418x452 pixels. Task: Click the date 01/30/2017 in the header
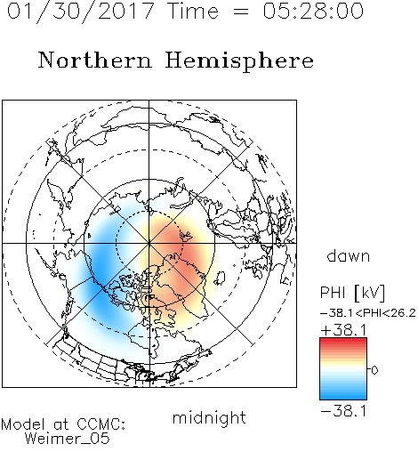pos(81,11)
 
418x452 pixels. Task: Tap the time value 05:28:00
pos(313,11)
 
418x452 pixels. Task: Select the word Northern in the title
pos(95,60)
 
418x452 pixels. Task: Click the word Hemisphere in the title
pos(239,61)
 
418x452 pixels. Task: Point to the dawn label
pos(349,255)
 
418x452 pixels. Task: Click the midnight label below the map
pos(209,417)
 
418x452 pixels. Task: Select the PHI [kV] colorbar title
pos(352,293)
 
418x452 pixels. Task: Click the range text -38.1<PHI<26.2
pos(368,313)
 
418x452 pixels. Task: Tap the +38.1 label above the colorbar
pos(343,330)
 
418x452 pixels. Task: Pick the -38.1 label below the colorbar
pos(343,411)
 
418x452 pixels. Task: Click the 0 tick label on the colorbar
pos(374,370)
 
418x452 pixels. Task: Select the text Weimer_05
pos(68,439)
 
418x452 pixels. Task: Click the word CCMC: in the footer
pos(100,424)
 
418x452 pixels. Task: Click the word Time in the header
pos(193,11)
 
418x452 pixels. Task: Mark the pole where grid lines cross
pos(149,243)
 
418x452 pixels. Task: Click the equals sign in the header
pos(241,12)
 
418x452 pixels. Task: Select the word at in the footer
pos(61,424)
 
